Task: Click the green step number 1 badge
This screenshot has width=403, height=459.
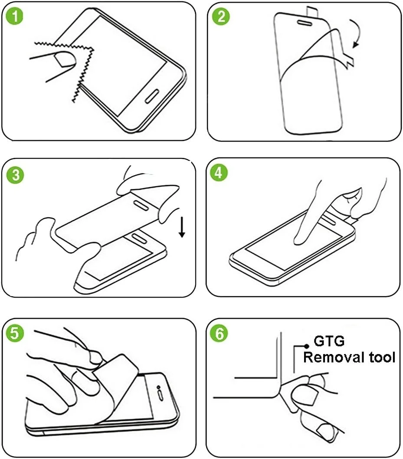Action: tap(15, 16)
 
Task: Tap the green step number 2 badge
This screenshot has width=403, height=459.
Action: tap(221, 16)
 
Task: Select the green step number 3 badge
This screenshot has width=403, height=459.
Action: tap(15, 175)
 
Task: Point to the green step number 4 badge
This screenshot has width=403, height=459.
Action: tap(219, 173)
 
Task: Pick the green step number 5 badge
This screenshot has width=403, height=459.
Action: tap(15, 333)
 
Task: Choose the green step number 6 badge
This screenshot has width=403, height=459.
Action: tap(220, 334)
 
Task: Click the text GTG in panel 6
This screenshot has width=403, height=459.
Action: tap(329, 341)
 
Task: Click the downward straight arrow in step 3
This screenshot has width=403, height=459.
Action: tap(182, 227)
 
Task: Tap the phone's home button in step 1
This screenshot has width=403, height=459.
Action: tap(152, 96)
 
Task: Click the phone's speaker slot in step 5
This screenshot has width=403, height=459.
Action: tap(161, 395)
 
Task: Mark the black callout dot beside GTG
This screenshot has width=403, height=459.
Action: tap(306, 346)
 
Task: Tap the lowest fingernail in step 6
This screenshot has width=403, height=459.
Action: tap(326, 430)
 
